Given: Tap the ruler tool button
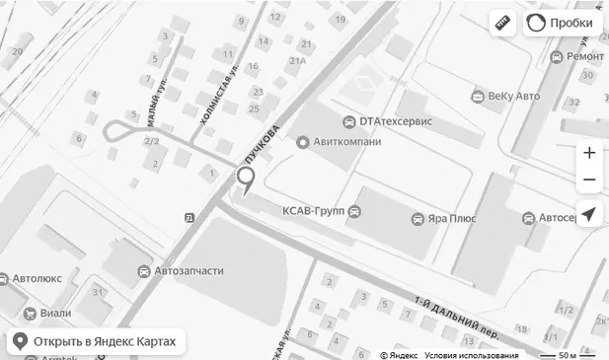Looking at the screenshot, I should [503, 23].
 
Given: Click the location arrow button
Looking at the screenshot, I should [589, 214].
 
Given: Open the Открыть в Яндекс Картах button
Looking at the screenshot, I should [96, 342].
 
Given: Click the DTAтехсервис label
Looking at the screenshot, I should [395, 121].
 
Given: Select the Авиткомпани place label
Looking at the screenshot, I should [345, 142].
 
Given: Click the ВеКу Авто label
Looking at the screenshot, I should [513, 96].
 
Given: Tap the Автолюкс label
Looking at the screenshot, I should [37, 279].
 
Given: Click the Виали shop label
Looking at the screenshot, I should [55, 314].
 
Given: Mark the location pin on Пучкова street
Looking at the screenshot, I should [245, 180].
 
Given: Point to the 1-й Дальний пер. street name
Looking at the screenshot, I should [457, 317].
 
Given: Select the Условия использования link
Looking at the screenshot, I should [472, 355].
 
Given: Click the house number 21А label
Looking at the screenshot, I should [298, 61].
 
